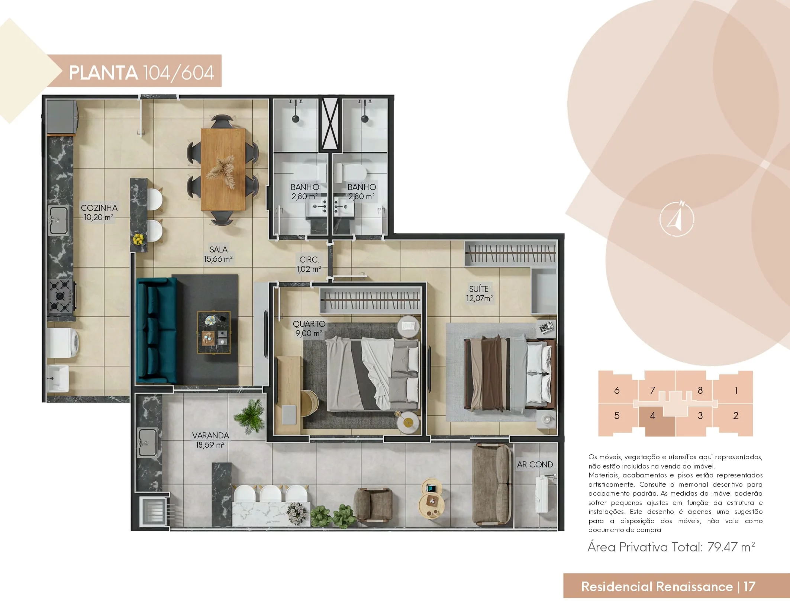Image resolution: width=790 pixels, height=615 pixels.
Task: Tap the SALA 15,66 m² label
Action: (x=218, y=254)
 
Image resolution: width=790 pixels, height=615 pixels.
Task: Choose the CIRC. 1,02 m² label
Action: (x=309, y=264)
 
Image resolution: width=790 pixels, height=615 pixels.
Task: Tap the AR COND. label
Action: (x=536, y=464)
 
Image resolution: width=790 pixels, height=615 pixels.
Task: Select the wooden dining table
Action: (x=223, y=170)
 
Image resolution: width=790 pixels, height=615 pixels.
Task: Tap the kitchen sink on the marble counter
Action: (x=59, y=220)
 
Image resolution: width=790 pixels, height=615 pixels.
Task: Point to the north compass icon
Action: (x=677, y=219)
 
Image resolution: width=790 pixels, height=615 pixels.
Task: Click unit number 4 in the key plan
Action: (x=652, y=416)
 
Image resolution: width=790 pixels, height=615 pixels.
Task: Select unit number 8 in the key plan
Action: (x=700, y=390)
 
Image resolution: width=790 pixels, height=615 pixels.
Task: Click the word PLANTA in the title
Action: (x=103, y=73)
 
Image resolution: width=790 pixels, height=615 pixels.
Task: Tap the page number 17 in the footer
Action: (x=749, y=586)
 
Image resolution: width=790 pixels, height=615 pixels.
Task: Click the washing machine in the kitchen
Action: (x=63, y=342)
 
